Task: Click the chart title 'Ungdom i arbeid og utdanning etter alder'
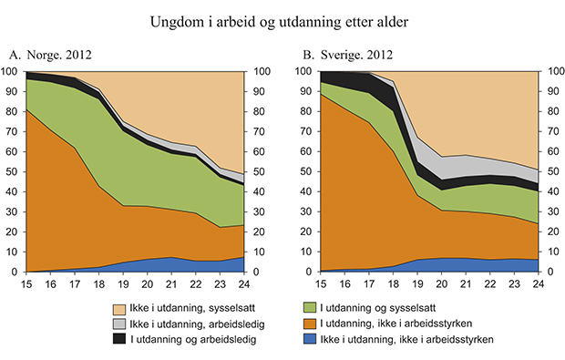[282, 19]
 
